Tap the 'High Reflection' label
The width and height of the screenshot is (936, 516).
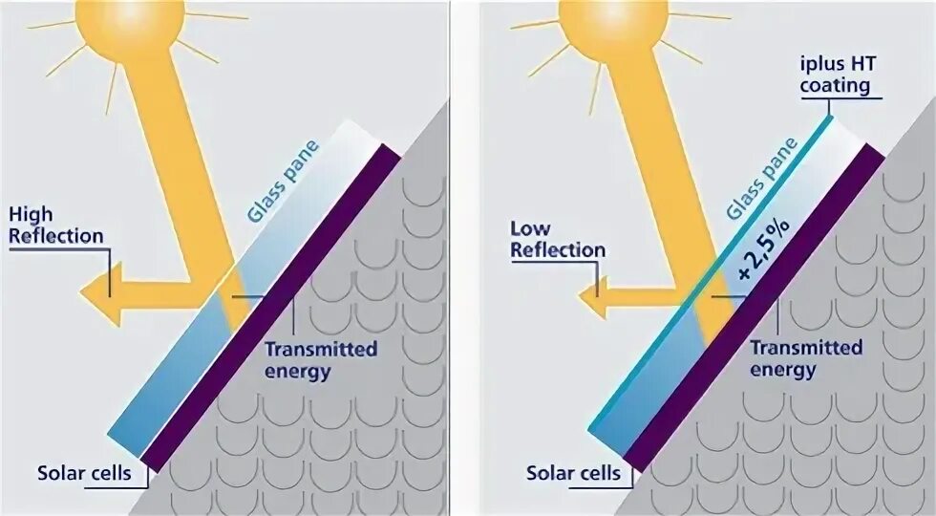tap(55, 224)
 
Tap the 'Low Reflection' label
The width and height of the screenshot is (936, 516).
tap(558, 239)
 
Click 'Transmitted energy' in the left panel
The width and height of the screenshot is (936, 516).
tap(321, 359)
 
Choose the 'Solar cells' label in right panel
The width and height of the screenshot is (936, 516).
tap(574, 473)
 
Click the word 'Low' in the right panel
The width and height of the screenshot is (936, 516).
tap(531, 228)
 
